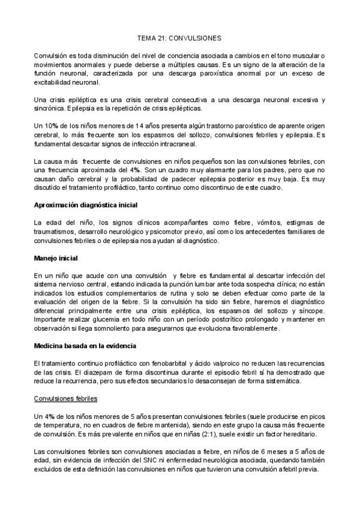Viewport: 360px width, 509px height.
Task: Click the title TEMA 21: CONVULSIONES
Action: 179,37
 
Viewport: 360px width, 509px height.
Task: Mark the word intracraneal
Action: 175,144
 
